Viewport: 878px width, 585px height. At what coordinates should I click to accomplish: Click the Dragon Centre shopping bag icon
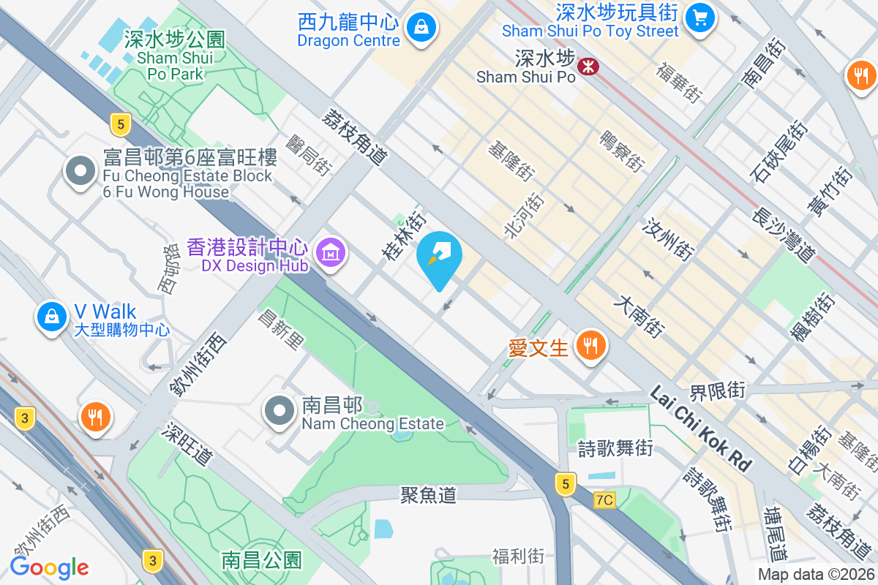(421, 28)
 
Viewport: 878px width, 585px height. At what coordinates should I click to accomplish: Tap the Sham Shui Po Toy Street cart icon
(700, 16)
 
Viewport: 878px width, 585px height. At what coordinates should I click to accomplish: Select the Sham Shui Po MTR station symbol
(588, 67)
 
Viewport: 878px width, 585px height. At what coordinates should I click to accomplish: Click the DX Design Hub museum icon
(331, 253)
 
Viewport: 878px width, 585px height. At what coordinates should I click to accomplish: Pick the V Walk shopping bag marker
(51, 317)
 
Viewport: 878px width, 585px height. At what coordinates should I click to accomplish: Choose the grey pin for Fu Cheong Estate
(80, 172)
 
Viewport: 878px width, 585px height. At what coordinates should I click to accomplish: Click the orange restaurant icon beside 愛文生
(591, 344)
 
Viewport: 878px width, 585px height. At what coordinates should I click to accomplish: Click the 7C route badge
(604, 500)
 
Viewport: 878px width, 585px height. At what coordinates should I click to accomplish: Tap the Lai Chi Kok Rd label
(701, 429)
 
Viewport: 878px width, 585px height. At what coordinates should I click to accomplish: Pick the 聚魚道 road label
(428, 495)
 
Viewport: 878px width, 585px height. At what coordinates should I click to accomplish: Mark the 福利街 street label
(518, 556)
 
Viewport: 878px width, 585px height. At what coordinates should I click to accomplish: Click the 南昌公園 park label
(261, 561)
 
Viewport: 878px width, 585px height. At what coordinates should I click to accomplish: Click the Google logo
(49, 567)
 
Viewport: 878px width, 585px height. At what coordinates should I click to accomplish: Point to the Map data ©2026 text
(814, 575)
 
